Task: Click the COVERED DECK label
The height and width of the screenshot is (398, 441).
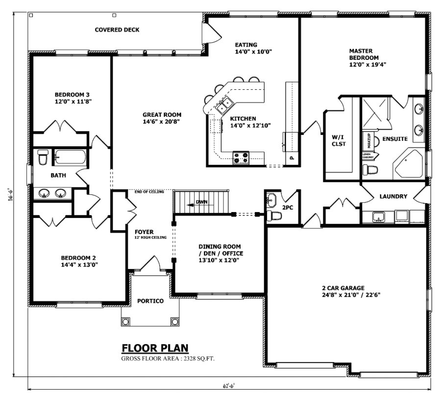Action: pyautogui.click(x=117, y=30)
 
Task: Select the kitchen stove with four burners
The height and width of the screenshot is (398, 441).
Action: pyautogui.click(x=241, y=158)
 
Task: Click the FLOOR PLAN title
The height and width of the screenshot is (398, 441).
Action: pyautogui.click(x=155, y=348)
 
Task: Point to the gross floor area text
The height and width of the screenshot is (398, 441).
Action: pyautogui.click(x=168, y=359)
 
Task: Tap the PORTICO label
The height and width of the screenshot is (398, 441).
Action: pyautogui.click(x=150, y=301)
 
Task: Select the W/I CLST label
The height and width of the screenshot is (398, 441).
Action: pyautogui.click(x=339, y=140)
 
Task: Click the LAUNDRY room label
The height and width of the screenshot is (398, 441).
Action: pyautogui.click(x=393, y=196)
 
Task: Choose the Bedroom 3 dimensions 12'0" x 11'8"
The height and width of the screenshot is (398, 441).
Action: pyautogui.click(x=73, y=102)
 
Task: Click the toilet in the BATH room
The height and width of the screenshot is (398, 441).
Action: pyautogui.click(x=42, y=158)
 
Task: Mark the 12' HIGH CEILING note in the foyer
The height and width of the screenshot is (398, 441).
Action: pyautogui.click(x=151, y=238)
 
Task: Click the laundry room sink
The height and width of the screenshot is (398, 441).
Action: pyautogui.click(x=378, y=216)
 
